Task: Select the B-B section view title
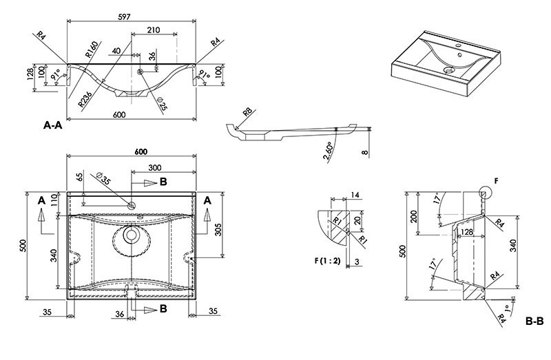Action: click(x=534, y=320)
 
